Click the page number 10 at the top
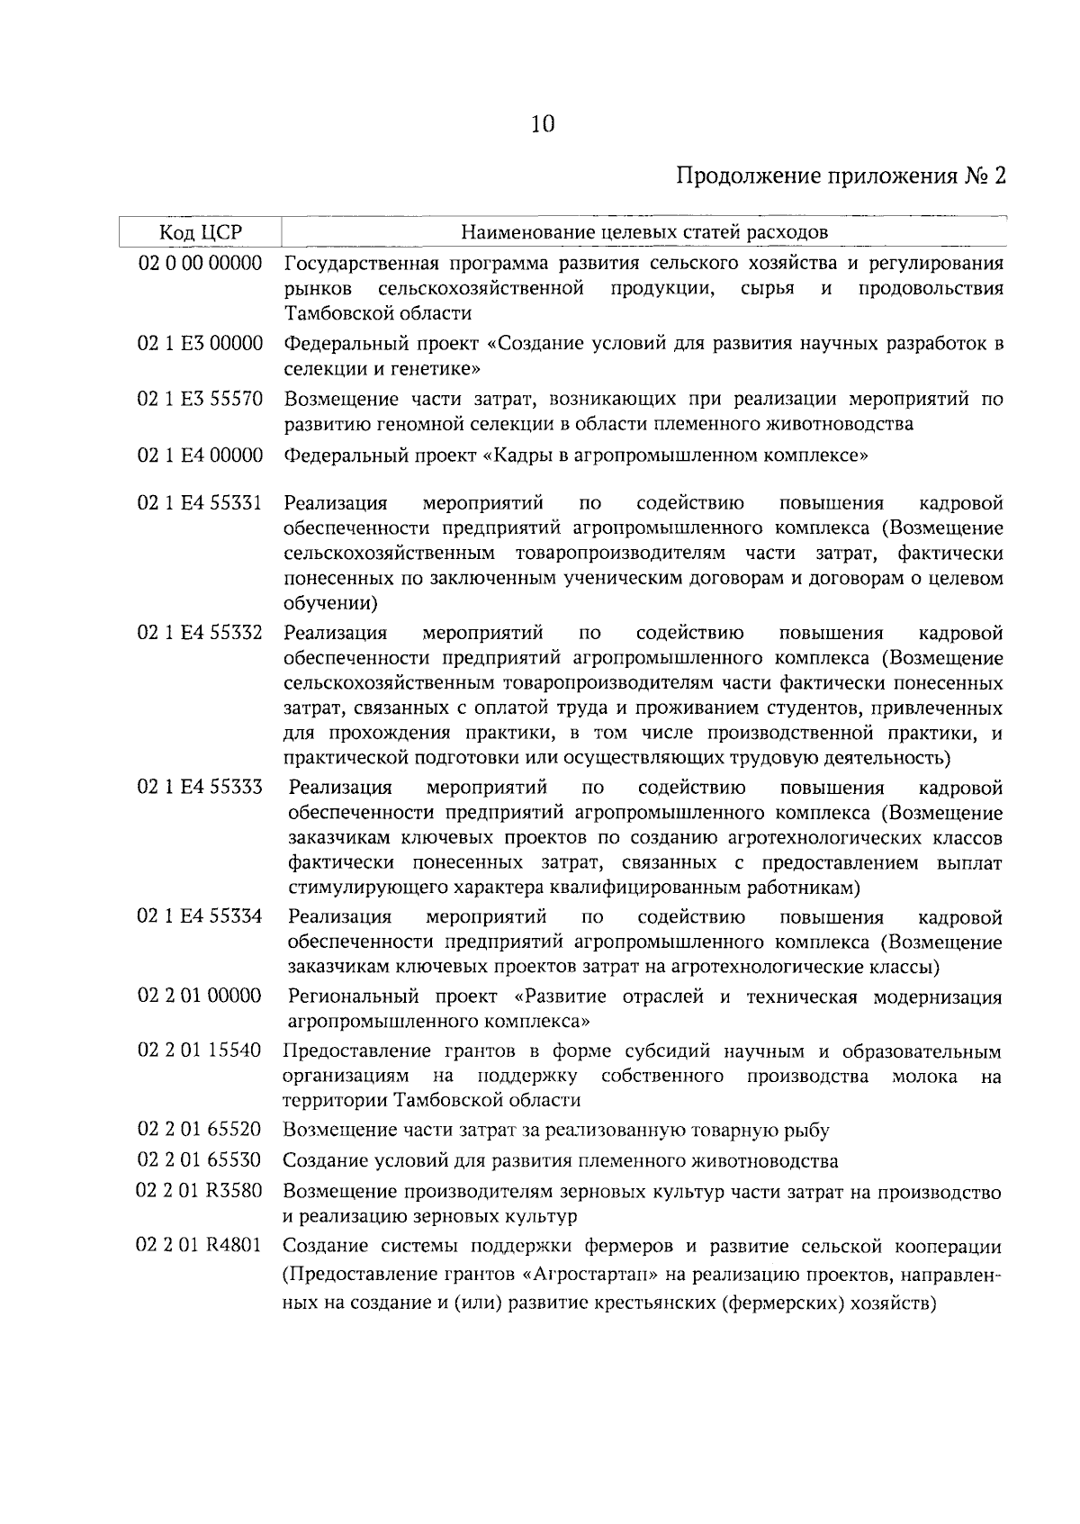(543, 123)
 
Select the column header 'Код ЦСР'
(201, 232)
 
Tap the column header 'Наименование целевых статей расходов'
(643, 232)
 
